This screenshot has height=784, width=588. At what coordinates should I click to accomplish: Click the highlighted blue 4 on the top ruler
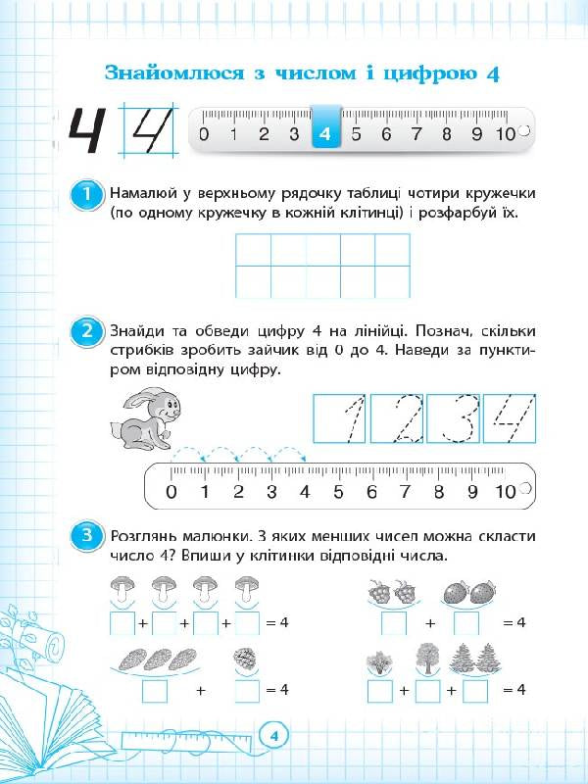pos(325,134)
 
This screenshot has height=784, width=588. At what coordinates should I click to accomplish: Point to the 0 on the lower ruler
pos(171,492)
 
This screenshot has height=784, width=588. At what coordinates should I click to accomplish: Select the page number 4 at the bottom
pos(275,735)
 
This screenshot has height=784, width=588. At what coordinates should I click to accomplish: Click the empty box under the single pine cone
pos(247,691)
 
